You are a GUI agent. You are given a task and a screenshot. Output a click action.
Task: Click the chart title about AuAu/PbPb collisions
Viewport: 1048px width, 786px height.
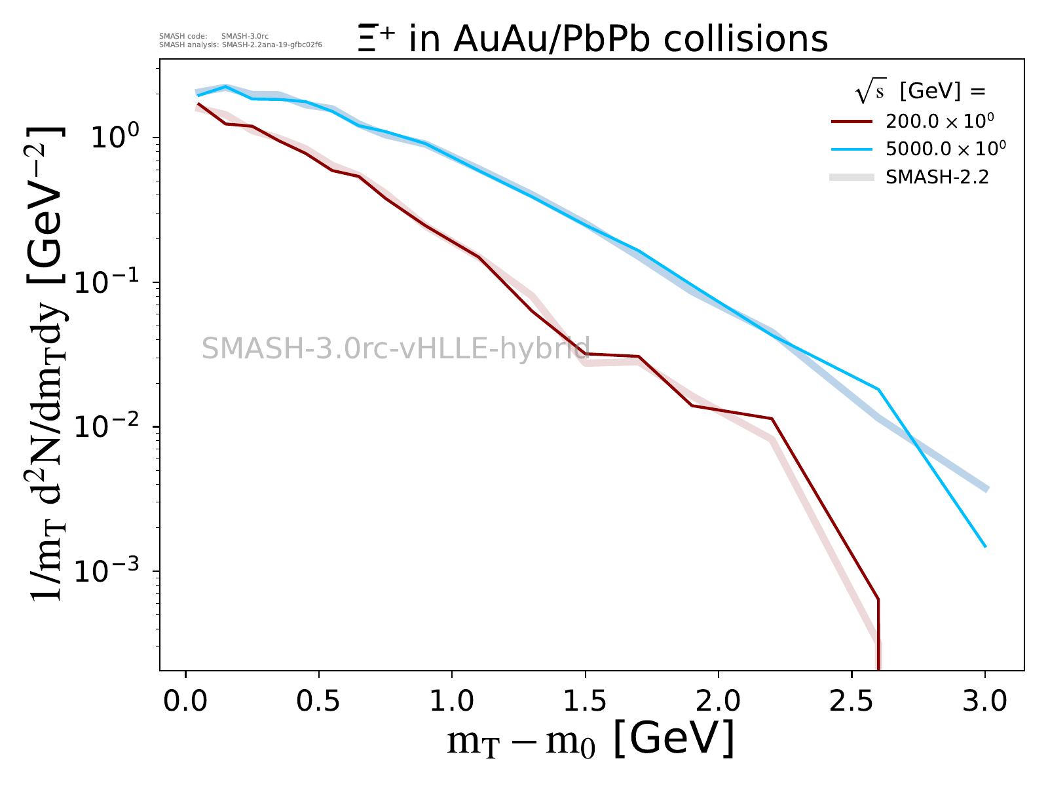[x=593, y=39]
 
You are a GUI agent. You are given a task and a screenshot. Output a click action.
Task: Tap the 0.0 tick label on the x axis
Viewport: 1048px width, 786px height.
[x=185, y=701]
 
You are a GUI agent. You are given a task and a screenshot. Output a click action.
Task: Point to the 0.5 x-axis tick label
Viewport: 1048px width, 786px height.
[x=319, y=701]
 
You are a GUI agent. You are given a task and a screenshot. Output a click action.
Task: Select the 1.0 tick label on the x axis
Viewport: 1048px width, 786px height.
[x=452, y=701]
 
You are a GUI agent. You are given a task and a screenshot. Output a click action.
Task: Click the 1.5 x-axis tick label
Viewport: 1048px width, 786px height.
[x=585, y=701]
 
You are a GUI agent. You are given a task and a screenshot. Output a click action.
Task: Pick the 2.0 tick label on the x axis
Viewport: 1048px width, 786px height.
[x=719, y=701]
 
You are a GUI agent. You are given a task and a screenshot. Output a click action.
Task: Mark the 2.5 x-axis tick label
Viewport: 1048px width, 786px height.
[x=851, y=701]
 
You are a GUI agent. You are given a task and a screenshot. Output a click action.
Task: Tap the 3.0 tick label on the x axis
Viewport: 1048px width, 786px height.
[x=984, y=701]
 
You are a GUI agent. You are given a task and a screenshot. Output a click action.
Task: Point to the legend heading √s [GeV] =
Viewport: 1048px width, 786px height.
[x=920, y=92]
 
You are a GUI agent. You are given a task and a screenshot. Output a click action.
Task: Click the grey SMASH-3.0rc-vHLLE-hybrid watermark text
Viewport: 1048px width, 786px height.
[x=396, y=348]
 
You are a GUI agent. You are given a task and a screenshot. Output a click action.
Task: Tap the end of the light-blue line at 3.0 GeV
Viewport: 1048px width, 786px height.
[x=984, y=546]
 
